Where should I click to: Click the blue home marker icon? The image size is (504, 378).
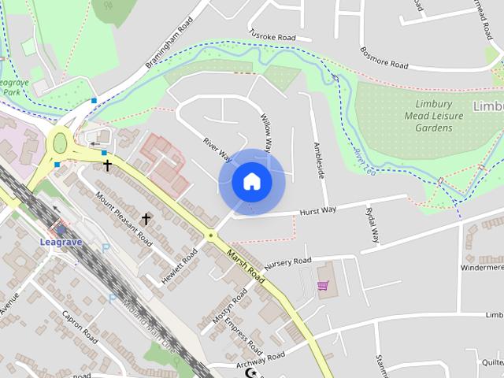point(252,181)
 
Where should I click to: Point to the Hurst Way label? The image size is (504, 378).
point(318,210)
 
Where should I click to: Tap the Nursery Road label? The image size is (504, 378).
point(288,263)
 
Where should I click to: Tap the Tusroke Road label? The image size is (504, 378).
point(272,37)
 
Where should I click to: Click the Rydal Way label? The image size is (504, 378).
point(372,224)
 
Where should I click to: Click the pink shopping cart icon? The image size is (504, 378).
point(322,285)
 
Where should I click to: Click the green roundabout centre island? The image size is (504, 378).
point(59,143)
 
